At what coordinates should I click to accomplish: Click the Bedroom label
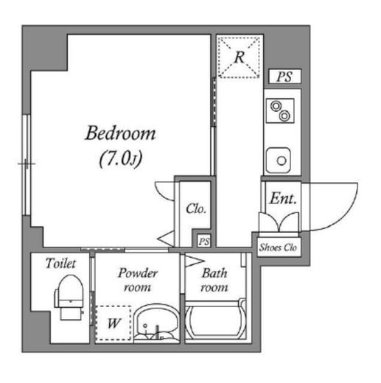120,133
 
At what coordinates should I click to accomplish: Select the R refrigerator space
239,57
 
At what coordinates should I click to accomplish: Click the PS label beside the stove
284,77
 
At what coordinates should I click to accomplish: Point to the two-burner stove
280,110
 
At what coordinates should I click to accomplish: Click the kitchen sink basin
279,161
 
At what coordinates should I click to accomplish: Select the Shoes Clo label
279,247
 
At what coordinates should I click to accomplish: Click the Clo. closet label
196,209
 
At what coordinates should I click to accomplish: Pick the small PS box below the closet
204,241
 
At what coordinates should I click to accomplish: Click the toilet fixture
70,297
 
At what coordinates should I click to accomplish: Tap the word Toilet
60,264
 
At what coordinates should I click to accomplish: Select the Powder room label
138,280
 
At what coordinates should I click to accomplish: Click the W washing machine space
113,323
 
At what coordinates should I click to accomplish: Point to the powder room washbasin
155,323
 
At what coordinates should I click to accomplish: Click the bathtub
215,320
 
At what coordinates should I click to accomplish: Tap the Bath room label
214,280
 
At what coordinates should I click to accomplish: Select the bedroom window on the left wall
27,165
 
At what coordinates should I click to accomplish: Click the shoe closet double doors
279,222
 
